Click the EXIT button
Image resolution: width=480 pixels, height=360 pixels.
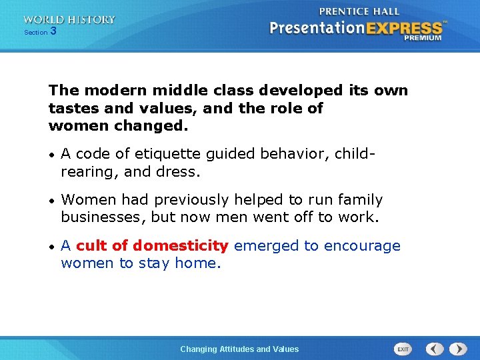point(403,349)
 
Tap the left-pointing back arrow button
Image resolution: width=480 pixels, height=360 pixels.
point(435,349)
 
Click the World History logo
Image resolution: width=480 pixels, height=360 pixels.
point(69,20)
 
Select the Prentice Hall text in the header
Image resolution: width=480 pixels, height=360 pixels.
point(359,11)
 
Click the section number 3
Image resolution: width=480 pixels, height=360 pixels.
point(53,31)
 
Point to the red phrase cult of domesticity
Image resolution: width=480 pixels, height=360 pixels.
point(153,246)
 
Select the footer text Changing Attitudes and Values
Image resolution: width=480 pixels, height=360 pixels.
point(239,349)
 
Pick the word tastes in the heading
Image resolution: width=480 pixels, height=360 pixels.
point(70,109)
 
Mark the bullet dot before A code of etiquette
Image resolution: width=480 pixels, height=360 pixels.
point(52,155)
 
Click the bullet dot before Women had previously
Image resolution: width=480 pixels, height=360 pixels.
point(52,201)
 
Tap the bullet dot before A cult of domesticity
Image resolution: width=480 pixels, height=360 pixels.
point(52,247)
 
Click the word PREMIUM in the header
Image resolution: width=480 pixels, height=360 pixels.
point(422,38)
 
